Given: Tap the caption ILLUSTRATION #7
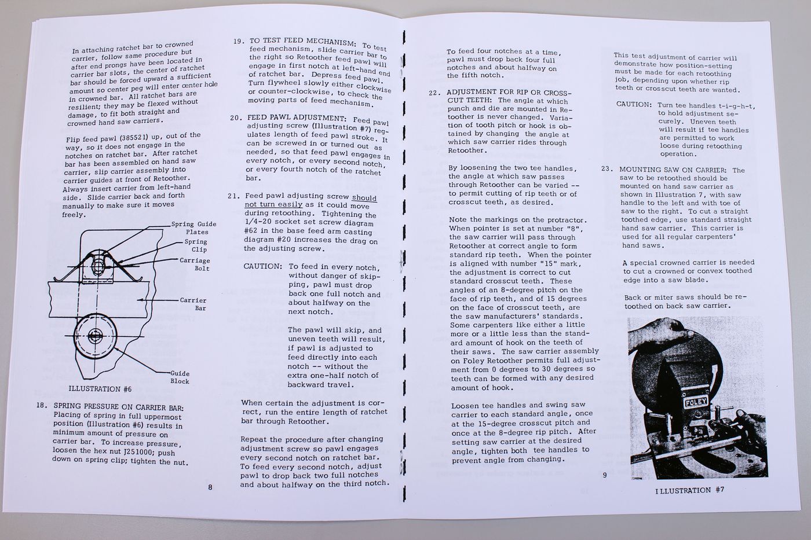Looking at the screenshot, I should tap(690, 490).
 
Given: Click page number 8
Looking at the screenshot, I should tap(210, 487).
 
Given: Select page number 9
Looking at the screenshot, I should tap(604, 475).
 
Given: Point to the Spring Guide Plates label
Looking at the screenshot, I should tap(193, 228).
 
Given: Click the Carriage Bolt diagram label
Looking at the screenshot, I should tap(195, 265).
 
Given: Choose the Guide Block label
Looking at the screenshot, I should tap(180, 377).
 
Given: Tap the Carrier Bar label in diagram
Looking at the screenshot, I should tap(193, 304).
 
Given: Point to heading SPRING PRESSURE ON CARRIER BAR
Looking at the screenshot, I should tap(118, 406).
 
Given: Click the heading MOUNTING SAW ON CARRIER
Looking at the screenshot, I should tap(673, 170).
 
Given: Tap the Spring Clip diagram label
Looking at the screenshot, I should tap(196, 245).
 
